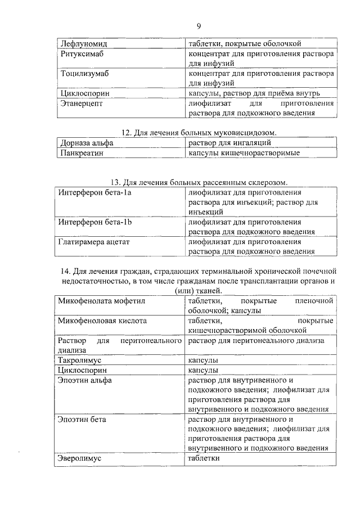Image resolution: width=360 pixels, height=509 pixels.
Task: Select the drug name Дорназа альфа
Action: [x=86, y=143]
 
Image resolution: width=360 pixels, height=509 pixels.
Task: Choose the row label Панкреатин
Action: [x=82, y=153]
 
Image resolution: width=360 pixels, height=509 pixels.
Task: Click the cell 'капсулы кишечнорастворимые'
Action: [x=244, y=153]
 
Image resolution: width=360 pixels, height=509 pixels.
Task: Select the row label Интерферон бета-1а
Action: [x=94, y=193]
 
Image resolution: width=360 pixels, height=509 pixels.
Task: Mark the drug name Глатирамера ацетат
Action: [x=94, y=242]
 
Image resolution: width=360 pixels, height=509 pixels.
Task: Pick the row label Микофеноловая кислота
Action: [x=102, y=321]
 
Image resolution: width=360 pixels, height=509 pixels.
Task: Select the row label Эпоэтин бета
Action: [x=82, y=419]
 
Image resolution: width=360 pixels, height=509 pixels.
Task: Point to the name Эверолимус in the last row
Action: [x=80, y=458]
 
